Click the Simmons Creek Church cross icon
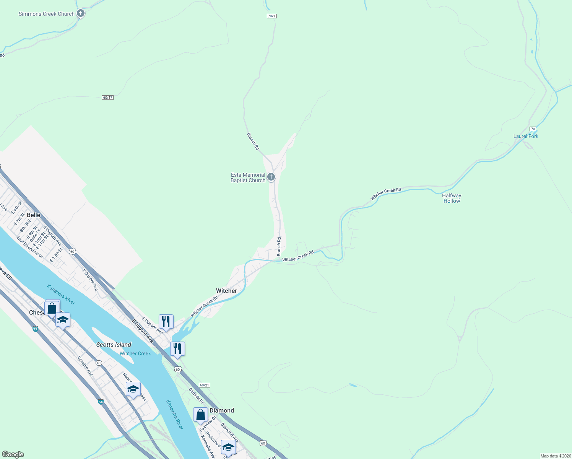click(x=80, y=13)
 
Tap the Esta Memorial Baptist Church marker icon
click(x=271, y=177)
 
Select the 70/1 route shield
click(x=271, y=16)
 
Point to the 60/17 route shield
click(x=108, y=98)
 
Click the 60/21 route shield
click(x=205, y=385)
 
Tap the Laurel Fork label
click(x=526, y=136)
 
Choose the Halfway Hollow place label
click(x=452, y=198)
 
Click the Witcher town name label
click(x=226, y=291)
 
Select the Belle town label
click(x=34, y=215)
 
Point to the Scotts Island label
click(x=114, y=345)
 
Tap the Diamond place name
click(x=222, y=410)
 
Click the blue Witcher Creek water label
click(x=135, y=353)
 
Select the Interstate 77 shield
click(x=35, y=329)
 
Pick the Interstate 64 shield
click(x=101, y=402)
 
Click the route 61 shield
click(x=99, y=363)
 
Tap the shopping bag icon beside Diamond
click(x=200, y=415)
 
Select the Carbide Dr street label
click(x=196, y=396)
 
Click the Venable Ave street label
click(x=85, y=366)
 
